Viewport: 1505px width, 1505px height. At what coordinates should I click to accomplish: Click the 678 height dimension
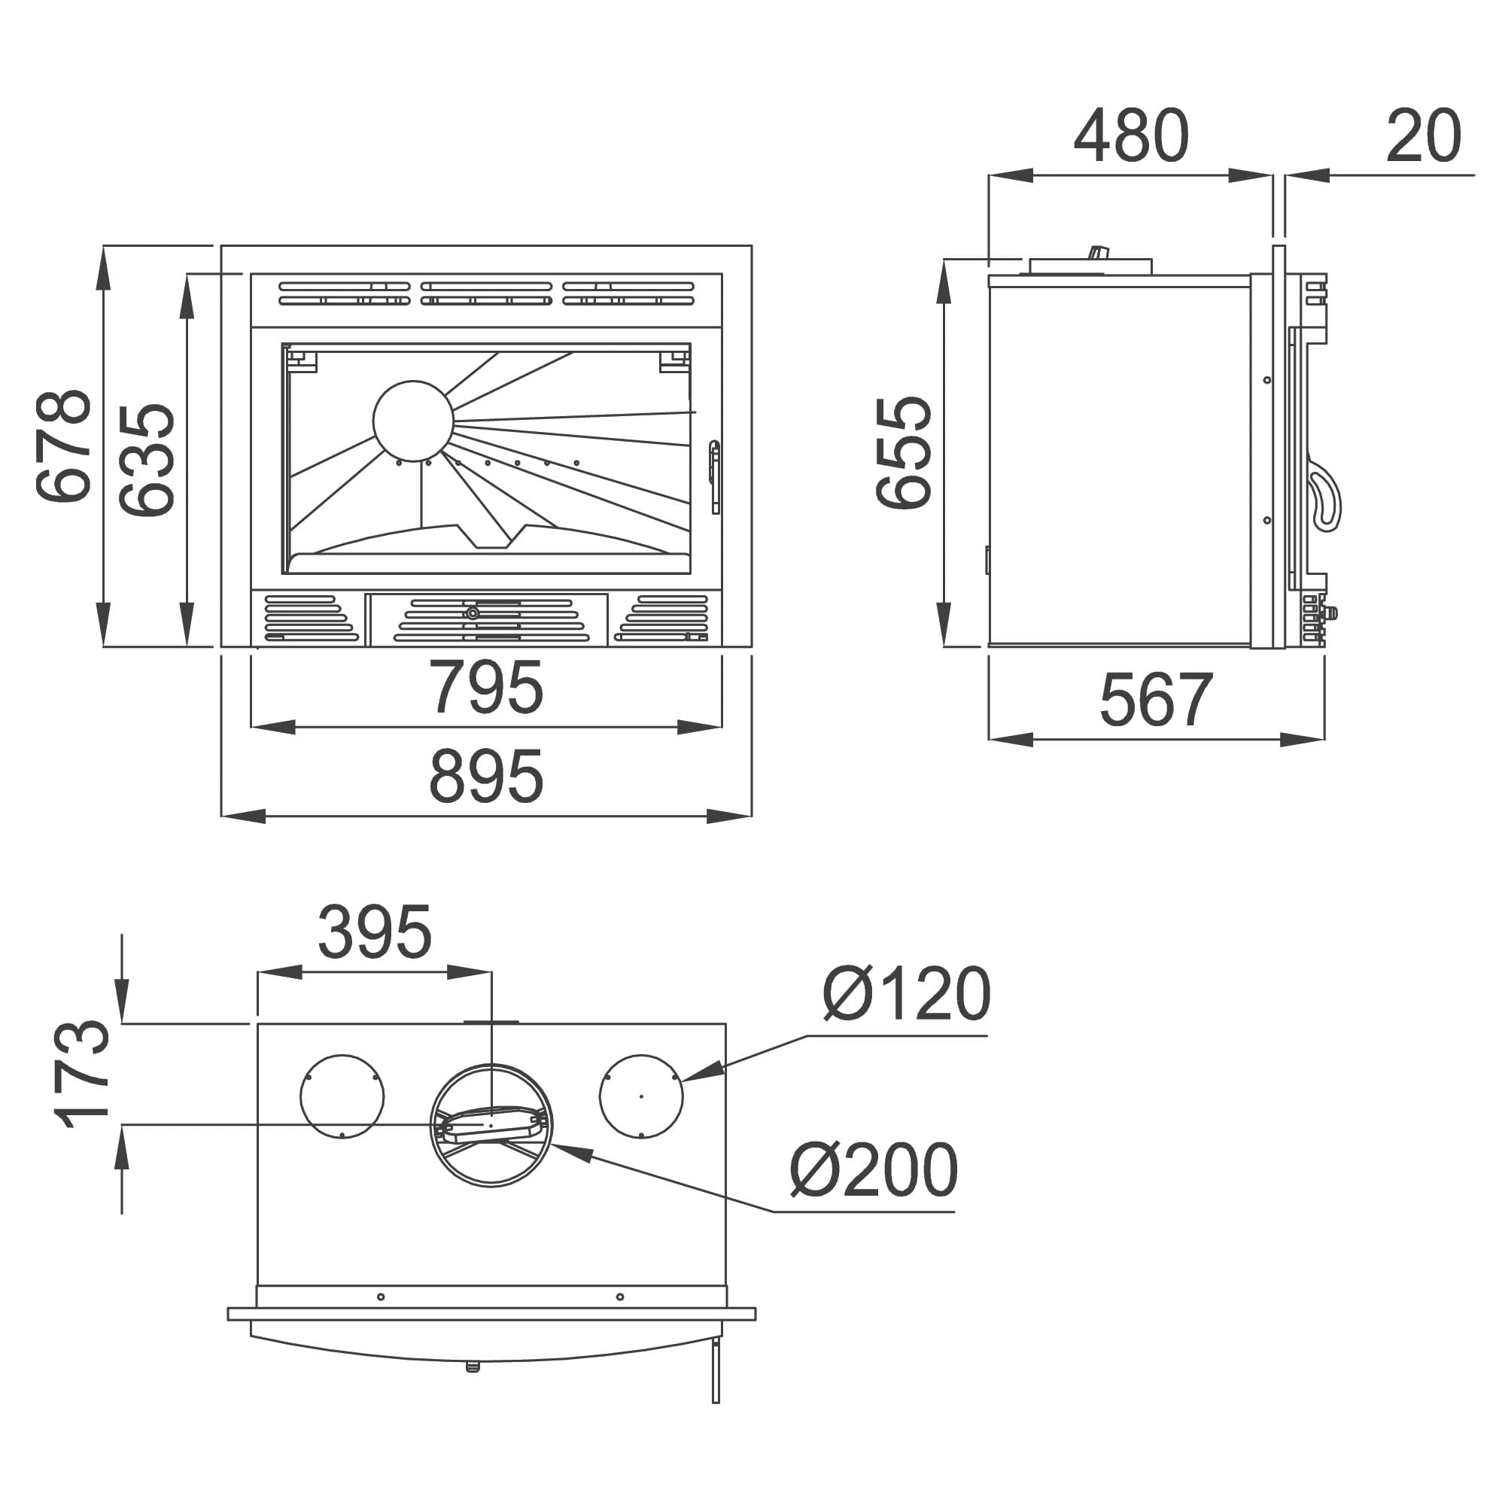(x=64, y=445)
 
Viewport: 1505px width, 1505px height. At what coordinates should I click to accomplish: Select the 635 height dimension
(x=147, y=460)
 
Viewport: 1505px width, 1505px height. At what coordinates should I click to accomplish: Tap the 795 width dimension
(x=486, y=686)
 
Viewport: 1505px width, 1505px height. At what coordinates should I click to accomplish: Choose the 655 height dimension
(x=904, y=452)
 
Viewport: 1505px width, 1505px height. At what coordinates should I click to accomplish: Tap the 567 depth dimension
(x=1156, y=700)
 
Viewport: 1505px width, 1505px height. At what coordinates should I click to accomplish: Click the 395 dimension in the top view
(x=375, y=932)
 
